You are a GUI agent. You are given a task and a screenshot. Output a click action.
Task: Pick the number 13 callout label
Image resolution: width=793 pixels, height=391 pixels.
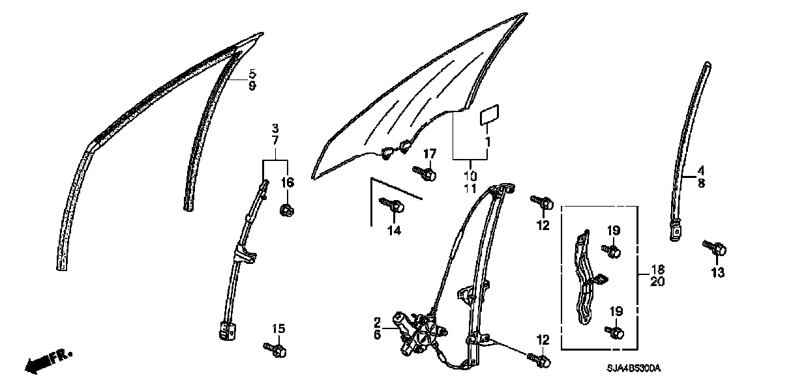click(717, 273)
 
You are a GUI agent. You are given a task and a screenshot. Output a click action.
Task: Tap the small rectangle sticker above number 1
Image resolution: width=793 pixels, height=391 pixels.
click(489, 117)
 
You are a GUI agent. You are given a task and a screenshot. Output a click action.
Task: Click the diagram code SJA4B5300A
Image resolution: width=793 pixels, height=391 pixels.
click(635, 369)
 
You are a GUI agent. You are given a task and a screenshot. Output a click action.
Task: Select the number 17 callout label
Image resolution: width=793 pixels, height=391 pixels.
click(429, 154)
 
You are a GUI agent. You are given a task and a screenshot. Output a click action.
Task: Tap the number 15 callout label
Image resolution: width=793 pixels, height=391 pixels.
click(278, 329)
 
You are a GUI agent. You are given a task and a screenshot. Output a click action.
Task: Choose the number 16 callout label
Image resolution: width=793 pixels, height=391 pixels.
click(288, 183)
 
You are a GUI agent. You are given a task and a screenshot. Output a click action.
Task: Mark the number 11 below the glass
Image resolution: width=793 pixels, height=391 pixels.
click(470, 188)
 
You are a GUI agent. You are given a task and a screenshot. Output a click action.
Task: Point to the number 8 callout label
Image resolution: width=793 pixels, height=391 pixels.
click(702, 184)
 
